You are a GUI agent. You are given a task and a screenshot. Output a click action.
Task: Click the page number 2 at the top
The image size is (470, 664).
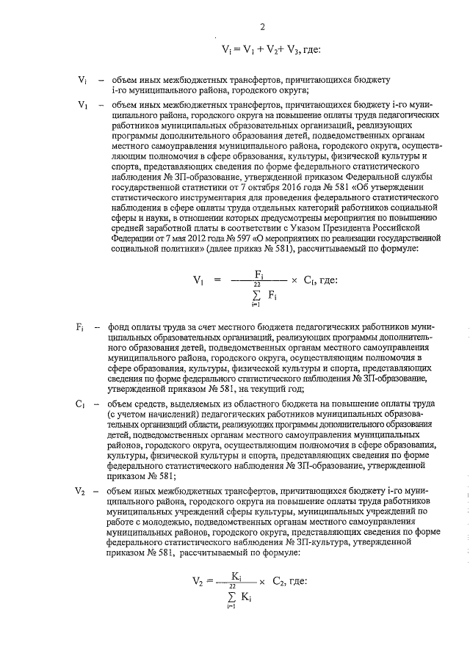point(262,29)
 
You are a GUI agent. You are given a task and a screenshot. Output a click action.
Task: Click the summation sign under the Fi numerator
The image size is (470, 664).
point(253,296)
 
